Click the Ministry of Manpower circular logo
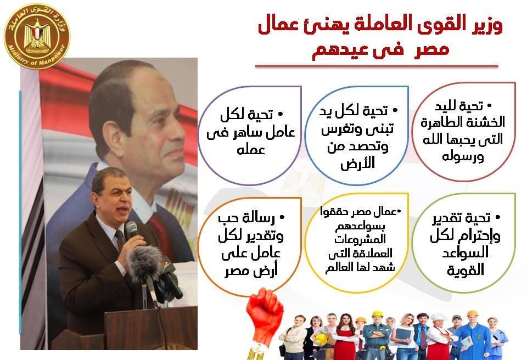37,36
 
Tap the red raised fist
265,313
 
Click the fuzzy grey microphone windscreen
145,263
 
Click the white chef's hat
439,317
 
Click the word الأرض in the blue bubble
357,162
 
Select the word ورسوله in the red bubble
463,156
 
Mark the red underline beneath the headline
377,66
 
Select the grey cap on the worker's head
457,317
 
